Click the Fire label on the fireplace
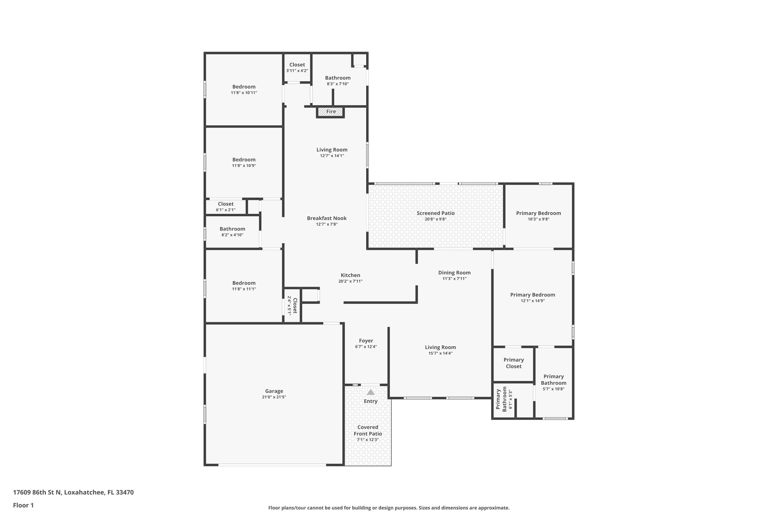click(331, 112)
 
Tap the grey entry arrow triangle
click(370, 392)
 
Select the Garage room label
click(274, 391)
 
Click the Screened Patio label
click(435, 213)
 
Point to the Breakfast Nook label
click(327, 218)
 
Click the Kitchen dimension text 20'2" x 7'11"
click(350, 281)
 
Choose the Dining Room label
click(454, 272)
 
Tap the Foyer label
click(366, 341)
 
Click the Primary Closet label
click(514, 363)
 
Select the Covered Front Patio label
click(368, 430)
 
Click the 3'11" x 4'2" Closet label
click(297, 65)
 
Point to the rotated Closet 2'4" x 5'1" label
click(292, 305)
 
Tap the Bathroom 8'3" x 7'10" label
click(338, 78)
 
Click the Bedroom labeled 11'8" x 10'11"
click(244, 87)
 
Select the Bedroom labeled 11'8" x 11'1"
click(244, 283)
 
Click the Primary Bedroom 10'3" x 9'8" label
click(538, 213)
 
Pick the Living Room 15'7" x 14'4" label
click(440, 347)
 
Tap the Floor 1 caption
click(23, 505)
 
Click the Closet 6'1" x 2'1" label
click(226, 204)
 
